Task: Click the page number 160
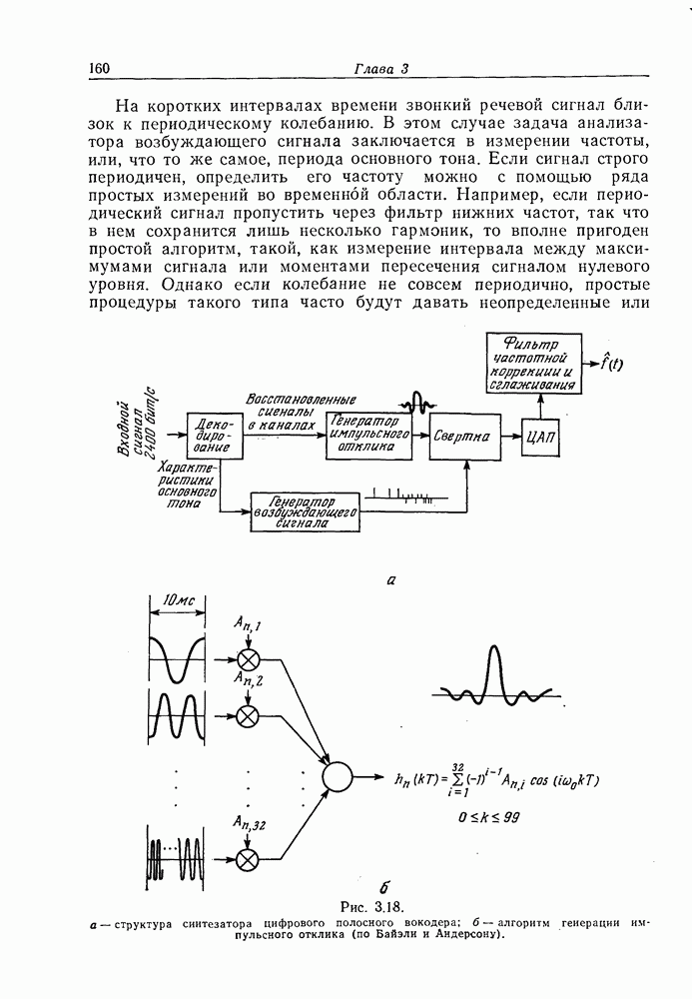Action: [x=98, y=68]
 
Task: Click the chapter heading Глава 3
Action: [x=381, y=69]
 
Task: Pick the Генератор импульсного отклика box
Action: [x=368, y=435]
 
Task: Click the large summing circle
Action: [x=337, y=776]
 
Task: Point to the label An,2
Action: [x=249, y=679]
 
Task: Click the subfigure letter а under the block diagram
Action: [x=389, y=579]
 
